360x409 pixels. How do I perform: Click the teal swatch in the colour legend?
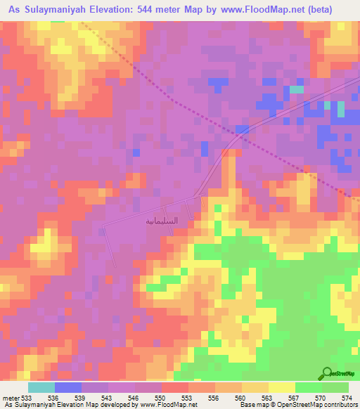pyautogui.click(x=41, y=387)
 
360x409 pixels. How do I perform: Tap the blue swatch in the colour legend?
pyautogui.click(x=67, y=387)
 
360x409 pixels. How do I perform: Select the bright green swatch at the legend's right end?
pyautogui.click(x=335, y=387)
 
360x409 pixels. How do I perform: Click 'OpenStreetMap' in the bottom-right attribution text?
pyautogui.click(x=326, y=404)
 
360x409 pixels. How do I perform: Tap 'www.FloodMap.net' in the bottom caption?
pyautogui.click(x=162, y=404)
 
